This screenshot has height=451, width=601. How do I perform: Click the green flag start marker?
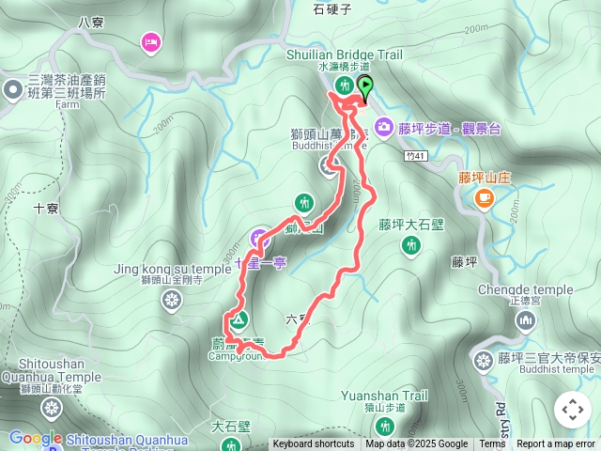click(x=362, y=87)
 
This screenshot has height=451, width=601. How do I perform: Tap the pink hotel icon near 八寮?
click(x=149, y=41)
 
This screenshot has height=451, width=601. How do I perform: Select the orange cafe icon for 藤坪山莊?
click(x=485, y=197)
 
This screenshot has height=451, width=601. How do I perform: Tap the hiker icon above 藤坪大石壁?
click(x=411, y=245)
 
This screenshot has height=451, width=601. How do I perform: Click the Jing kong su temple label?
click(x=171, y=270)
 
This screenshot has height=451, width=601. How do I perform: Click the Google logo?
click(x=35, y=438)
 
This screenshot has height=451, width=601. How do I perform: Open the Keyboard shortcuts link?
click(x=313, y=444)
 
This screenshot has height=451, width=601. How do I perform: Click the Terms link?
click(x=492, y=444)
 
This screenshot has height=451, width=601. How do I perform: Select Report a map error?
click(x=556, y=444)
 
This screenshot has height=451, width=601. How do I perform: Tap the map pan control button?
click(x=572, y=410)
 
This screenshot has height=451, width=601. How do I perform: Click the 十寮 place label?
click(x=47, y=209)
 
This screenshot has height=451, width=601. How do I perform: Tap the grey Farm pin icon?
click(x=12, y=90)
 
